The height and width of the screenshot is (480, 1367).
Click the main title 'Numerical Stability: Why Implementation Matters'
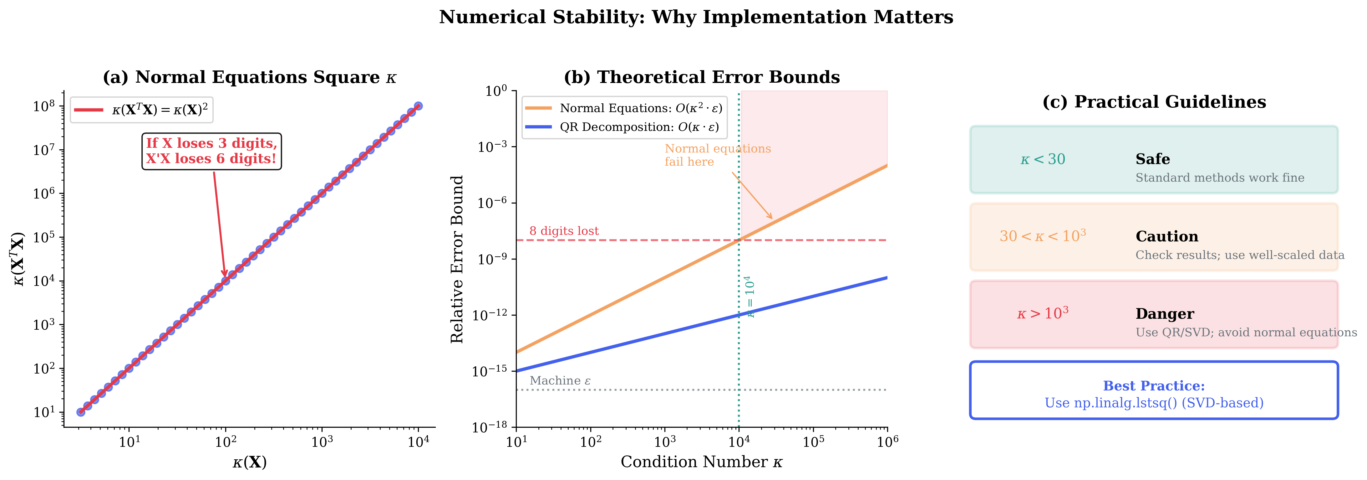click(x=696, y=17)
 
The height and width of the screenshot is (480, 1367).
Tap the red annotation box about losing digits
click(x=212, y=151)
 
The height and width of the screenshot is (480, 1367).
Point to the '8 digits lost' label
click(x=564, y=231)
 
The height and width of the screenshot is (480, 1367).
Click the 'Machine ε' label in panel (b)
click(x=560, y=381)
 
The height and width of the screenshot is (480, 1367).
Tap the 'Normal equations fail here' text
click(x=718, y=155)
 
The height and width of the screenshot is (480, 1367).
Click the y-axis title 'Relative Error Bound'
click(x=457, y=259)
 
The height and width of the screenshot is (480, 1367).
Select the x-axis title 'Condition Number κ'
click(x=702, y=462)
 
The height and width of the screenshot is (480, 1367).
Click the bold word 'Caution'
click(x=1167, y=236)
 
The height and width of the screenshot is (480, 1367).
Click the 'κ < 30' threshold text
click(x=1043, y=159)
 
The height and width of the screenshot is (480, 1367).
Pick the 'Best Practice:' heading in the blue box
click(x=1154, y=386)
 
